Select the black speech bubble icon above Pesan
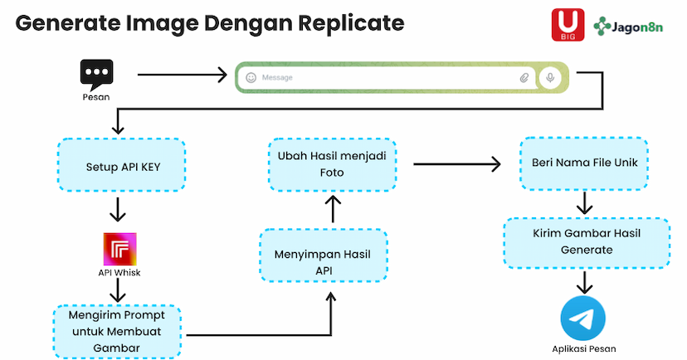(x=96, y=75)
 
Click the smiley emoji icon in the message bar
(x=251, y=78)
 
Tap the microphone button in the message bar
(x=548, y=77)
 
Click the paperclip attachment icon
(x=524, y=78)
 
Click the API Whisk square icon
(x=119, y=249)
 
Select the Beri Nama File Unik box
(x=584, y=163)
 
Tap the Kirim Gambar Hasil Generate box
(x=587, y=242)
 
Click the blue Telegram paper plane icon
(x=583, y=319)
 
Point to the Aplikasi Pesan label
(x=583, y=348)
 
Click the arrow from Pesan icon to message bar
(x=182, y=75)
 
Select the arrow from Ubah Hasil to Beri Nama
(x=457, y=164)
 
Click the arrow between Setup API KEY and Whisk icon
(x=118, y=209)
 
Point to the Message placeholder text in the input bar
(x=277, y=78)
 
